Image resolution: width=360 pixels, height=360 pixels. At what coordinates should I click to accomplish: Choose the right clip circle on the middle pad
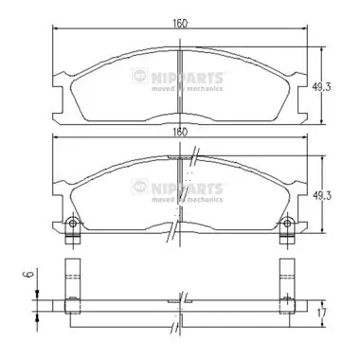click(286, 225)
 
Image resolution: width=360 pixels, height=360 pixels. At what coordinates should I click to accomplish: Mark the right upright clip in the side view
click(286, 282)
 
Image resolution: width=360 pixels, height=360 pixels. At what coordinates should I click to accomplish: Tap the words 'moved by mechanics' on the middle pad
click(188, 200)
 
